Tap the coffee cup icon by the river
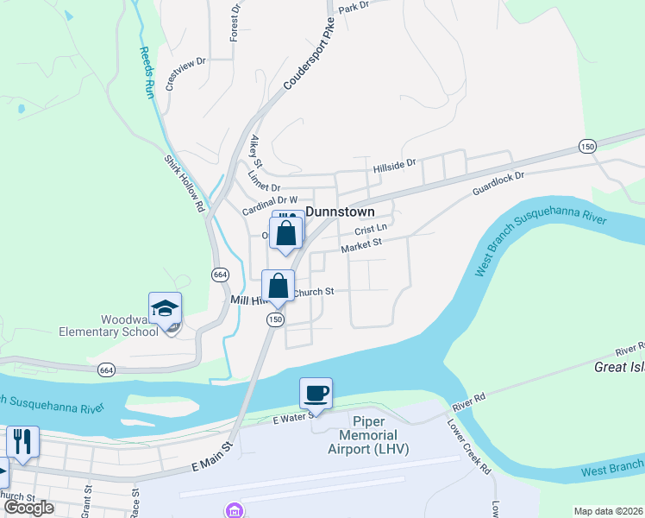tap(316, 394)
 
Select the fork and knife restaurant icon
tap(22, 441)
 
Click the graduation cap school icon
tap(166, 308)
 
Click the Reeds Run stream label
tap(147, 72)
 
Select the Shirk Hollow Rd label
tap(185, 183)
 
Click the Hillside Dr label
tap(394, 163)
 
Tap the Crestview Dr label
tap(186, 73)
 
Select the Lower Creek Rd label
tap(468, 447)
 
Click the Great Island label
tap(619, 367)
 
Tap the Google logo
tap(29, 508)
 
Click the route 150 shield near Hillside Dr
tap(587, 146)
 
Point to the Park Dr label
tap(354, 7)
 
